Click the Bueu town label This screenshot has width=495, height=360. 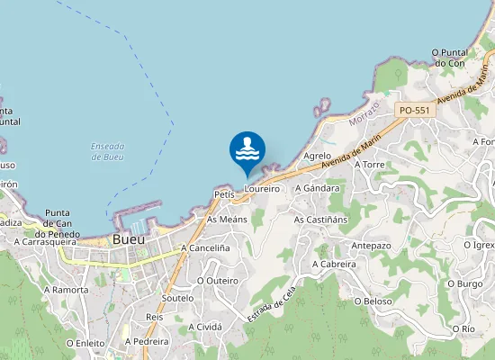[x=129, y=239]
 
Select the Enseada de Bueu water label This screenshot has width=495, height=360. [x=107, y=151]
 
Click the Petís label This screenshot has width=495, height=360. [x=224, y=194]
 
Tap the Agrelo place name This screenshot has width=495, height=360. [x=318, y=156]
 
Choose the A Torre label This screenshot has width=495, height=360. [x=370, y=166]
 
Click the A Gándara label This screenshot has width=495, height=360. [x=321, y=188]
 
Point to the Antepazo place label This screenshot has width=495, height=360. [x=371, y=246]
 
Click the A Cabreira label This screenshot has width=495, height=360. [x=334, y=265]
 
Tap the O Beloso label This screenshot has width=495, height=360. [x=373, y=301]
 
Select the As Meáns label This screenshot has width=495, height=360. [x=227, y=219]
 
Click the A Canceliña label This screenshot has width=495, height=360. [x=205, y=247]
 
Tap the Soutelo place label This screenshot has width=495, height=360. [x=177, y=297]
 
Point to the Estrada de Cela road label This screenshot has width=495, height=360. [x=271, y=305]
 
